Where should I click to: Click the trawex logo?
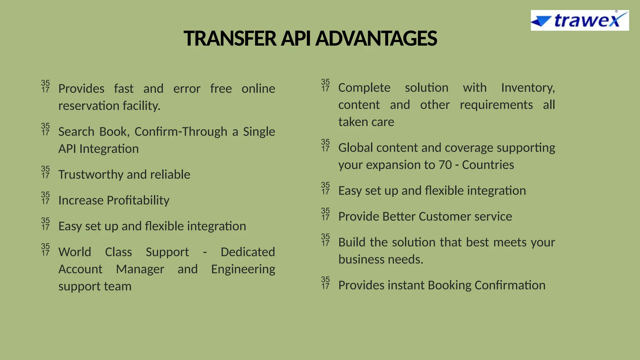(x=579, y=21)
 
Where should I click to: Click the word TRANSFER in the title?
(x=230, y=39)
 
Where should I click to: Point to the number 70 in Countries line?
(x=445, y=165)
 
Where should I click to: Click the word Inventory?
(x=528, y=87)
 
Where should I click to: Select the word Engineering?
(x=243, y=269)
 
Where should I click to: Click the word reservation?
(x=89, y=106)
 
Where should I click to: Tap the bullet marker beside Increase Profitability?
(x=45, y=198)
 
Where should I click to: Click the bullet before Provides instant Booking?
(x=325, y=283)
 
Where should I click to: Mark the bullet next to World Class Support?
(x=45, y=250)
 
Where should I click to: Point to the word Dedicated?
(x=247, y=252)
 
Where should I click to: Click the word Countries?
(x=488, y=165)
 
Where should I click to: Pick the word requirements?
(x=496, y=105)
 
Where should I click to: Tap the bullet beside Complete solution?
(x=325, y=85)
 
